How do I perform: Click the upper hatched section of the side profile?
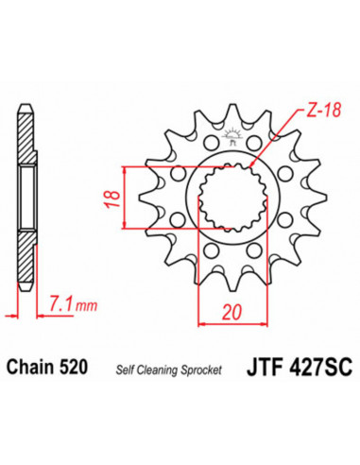coord(25,151)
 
